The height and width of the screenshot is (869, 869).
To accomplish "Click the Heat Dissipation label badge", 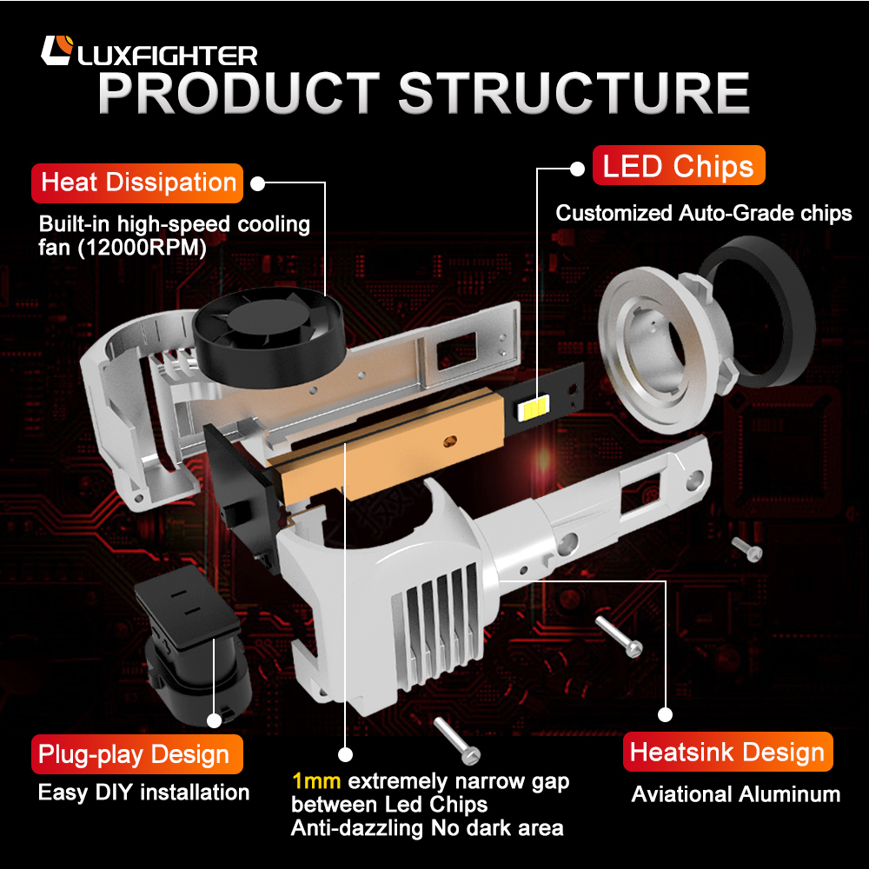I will tap(138, 183).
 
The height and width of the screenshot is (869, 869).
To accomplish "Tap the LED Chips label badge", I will tap(679, 166).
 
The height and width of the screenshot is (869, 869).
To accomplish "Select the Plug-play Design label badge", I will tap(134, 754).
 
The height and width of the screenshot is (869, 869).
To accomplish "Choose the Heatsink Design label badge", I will tap(727, 753).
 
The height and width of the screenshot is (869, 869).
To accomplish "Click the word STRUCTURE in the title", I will tap(574, 94).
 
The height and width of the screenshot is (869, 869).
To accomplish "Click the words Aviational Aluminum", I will tap(735, 794).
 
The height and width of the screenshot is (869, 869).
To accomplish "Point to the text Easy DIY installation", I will tap(143, 793).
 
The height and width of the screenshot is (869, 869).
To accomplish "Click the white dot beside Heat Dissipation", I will tap(257, 183).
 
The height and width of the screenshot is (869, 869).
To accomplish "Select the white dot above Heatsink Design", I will tap(666, 715).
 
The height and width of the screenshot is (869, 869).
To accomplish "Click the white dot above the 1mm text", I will tap(345, 754).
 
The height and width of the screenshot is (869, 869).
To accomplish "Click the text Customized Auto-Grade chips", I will tap(704, 213).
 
